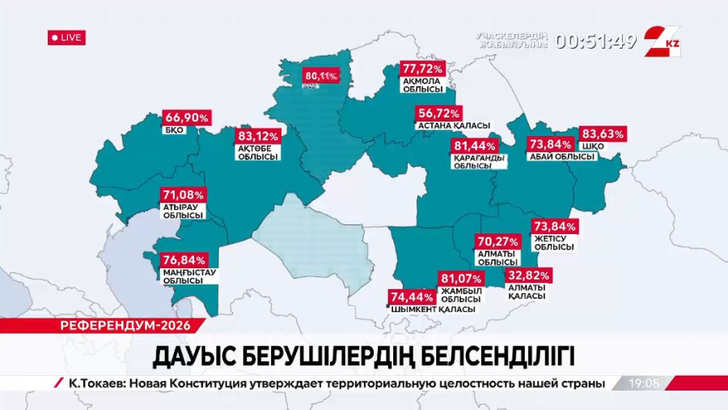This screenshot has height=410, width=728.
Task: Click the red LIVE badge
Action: [66, 37]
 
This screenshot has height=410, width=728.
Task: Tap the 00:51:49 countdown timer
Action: [596, 41]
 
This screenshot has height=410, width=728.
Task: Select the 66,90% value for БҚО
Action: [187, 117]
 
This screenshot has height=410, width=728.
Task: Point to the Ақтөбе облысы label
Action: [257, 152]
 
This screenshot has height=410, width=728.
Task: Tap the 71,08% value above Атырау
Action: [184, 195]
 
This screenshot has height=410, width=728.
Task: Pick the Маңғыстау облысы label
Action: [184, 275]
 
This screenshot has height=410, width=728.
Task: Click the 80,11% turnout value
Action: [320, 76]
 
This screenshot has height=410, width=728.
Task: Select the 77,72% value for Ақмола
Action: [422, 69]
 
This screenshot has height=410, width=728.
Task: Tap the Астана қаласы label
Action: [453, 126]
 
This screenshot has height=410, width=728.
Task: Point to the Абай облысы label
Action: [561, 156]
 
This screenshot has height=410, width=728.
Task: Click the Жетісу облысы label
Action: [553, 241]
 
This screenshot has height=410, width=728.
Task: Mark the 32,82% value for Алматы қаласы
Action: [528, 275]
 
